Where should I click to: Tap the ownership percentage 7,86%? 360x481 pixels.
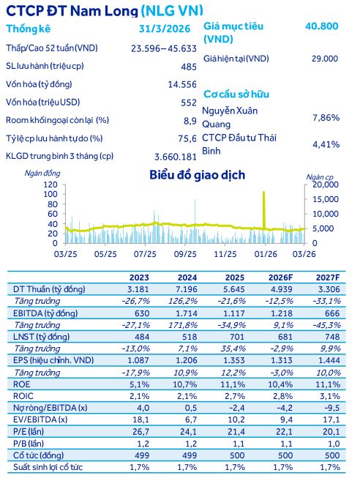(326, 117)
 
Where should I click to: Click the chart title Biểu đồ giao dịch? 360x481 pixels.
(197, 175)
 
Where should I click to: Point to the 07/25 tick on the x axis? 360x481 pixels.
(145, 253)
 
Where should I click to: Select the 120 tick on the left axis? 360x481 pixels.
(51, 185)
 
